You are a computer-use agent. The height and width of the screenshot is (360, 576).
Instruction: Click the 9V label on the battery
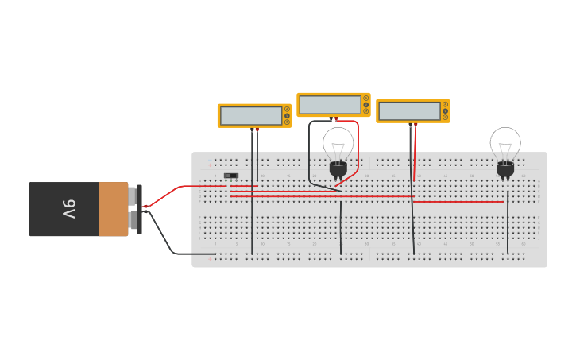coord(68,209)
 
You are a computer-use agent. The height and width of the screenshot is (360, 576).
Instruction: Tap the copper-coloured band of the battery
coord(113,209)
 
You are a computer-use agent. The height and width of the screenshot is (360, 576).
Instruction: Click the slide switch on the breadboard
coord(231,176)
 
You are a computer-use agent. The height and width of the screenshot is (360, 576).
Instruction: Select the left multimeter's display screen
coord(251,115)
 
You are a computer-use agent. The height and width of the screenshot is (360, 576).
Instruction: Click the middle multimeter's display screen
coord(330,104)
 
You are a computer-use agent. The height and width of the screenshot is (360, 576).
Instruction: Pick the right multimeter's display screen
coord(409,110)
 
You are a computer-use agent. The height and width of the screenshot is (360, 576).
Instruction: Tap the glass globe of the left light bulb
coord(338,144)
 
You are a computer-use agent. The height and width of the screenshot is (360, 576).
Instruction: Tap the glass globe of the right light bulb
coord(505,143)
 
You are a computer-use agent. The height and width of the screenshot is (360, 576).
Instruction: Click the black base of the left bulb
coord(338,168)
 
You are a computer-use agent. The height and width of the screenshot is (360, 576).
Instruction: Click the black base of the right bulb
coord(505,168)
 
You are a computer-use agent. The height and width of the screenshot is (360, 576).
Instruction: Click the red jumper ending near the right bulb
coord(461,202)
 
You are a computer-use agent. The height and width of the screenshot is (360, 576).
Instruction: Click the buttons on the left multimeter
coord(287,116)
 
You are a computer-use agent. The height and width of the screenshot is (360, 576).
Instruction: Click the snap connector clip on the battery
coord(139,209)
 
